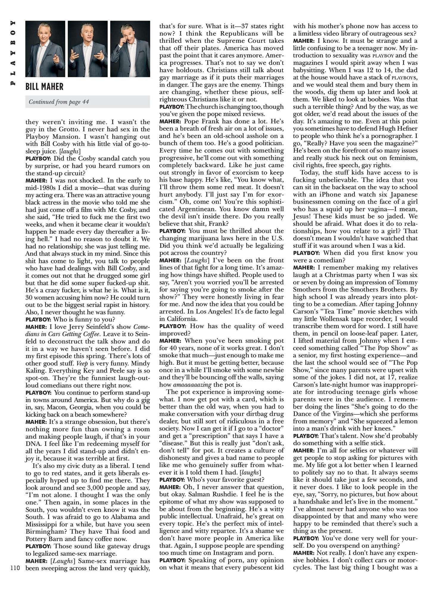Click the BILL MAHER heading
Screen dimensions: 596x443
coord(44,87)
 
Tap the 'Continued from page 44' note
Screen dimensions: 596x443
coord(59,102)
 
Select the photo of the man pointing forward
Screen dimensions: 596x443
coord(45,49)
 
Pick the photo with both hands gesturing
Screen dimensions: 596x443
coord(88,49)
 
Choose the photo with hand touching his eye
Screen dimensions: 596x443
coord(130,49)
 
